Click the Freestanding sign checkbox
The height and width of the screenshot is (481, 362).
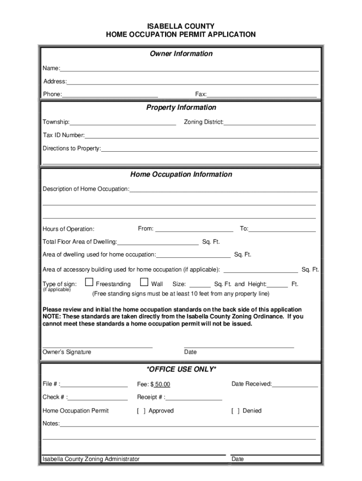89,283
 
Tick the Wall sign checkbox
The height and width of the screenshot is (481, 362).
144,283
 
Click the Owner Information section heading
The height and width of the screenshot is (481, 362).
181,54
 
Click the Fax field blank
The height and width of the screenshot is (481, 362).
261,94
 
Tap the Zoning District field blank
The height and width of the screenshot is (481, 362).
270,123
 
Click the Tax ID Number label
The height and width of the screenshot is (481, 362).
63,135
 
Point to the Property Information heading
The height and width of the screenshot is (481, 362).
181,108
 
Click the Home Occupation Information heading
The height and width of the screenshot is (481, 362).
181,174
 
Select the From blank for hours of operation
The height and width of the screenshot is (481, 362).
194,229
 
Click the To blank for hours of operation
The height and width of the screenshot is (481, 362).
282,229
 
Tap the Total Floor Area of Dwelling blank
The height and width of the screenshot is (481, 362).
158,242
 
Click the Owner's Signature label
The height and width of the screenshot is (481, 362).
67,352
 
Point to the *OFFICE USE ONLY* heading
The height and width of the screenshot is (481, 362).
181,369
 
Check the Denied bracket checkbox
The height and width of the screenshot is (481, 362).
235,411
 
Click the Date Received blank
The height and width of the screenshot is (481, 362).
295,384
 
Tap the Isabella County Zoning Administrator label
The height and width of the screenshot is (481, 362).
91,459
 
